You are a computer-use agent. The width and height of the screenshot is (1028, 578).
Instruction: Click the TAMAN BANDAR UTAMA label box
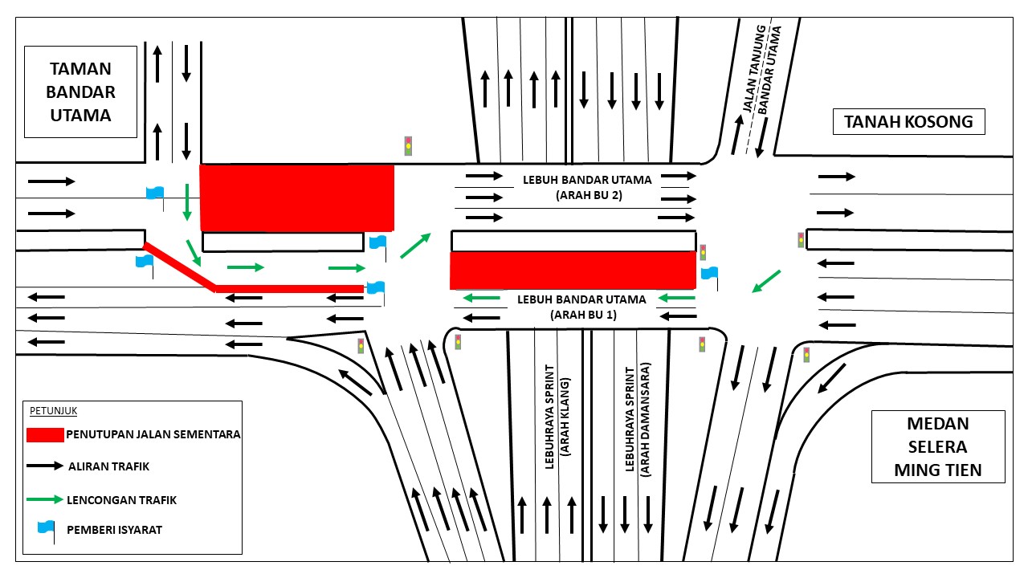81,92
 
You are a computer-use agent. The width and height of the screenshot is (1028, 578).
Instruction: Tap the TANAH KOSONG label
908,121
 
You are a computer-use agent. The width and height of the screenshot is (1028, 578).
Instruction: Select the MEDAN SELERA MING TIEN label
938,447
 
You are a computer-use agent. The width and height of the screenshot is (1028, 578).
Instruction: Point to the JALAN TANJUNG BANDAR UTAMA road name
762,69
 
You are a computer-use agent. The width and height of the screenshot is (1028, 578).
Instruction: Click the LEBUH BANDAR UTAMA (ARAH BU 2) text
587,188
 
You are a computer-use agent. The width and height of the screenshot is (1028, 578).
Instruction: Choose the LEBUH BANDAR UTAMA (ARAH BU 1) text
582,307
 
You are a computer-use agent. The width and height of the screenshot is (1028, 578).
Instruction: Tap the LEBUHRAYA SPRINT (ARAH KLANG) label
557,417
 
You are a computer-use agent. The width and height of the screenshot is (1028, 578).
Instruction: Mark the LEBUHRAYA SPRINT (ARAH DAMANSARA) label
638,420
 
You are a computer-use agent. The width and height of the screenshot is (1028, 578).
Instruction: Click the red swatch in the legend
45,435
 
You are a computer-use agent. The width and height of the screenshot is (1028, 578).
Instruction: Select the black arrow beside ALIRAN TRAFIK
45,466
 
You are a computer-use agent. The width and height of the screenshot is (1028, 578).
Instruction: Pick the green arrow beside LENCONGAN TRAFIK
45,499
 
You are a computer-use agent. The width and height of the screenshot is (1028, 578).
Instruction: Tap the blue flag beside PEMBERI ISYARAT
47,531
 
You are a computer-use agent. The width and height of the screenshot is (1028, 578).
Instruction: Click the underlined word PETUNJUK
53,410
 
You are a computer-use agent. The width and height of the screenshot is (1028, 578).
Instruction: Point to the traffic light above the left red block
408,146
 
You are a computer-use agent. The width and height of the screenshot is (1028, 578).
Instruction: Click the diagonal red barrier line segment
179,267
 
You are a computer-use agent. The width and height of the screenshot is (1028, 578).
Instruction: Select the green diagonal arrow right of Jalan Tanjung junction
766,281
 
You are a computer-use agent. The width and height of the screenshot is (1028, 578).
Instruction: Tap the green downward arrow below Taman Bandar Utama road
187,201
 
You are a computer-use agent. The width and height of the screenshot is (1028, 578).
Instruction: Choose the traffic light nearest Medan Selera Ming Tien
806,355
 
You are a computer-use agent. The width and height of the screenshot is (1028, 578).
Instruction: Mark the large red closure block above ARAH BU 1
573,271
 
